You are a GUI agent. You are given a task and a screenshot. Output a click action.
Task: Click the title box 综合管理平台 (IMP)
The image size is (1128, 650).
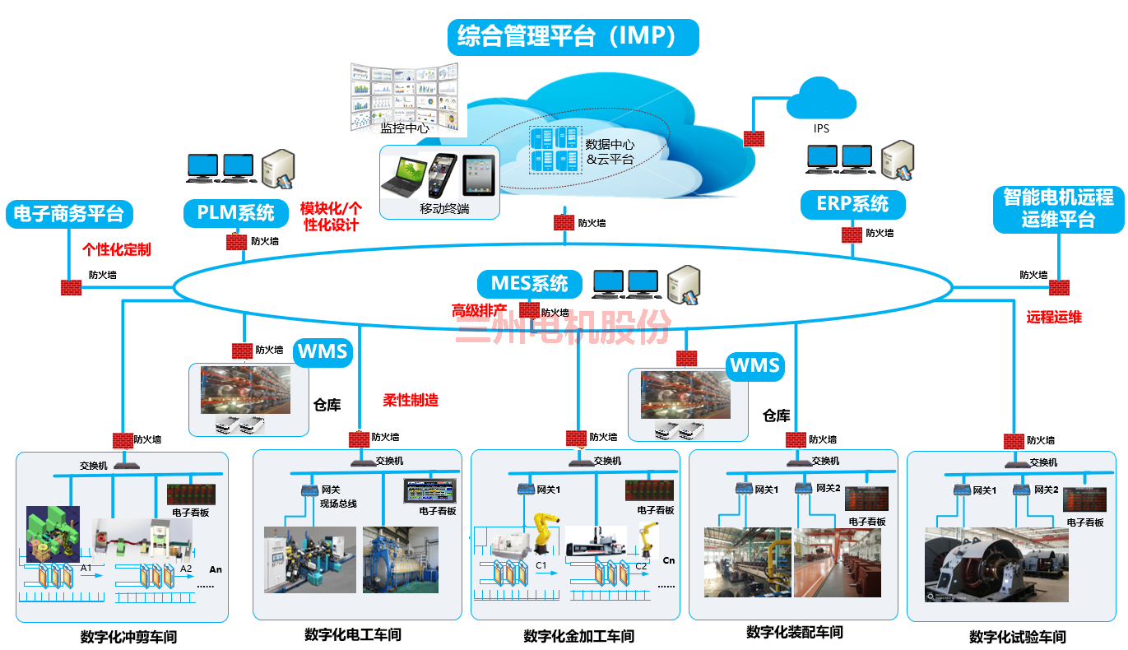(573, 37)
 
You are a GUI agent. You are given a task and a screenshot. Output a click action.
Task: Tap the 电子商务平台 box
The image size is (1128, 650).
(69, 214)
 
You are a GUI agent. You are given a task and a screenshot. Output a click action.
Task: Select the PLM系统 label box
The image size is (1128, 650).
(236, 213)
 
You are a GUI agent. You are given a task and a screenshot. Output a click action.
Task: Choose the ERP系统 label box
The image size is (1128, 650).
(852, 204)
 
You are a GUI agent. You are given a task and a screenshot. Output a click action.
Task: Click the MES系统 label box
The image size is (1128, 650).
(529, 284)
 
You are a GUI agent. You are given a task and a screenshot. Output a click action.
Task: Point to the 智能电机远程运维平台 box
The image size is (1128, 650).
(1058, 209)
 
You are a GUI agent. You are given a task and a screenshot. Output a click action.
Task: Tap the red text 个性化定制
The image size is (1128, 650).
(116, 248)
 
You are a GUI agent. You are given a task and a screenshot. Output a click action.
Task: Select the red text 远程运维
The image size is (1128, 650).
(1054, 317)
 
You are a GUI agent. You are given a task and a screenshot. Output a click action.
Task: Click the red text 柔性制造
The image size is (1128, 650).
(411, 401)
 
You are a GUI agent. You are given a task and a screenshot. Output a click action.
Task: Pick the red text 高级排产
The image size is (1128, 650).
(479, 310)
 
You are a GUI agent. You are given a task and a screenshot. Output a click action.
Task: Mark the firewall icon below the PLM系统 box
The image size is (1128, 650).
(237, 242)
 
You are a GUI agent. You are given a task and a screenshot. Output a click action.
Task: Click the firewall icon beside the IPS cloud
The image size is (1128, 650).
(754, 139)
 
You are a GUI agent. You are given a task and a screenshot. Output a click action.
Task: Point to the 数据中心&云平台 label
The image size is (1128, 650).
(609, 151)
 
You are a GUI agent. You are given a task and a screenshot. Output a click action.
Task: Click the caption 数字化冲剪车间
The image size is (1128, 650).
(128, 637)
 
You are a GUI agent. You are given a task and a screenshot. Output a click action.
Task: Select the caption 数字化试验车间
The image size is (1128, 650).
(1017, 637)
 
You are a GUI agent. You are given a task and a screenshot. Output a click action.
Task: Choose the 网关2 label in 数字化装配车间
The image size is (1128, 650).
(828, 489)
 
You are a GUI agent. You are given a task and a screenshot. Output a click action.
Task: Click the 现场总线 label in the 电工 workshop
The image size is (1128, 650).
(338, 504)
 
